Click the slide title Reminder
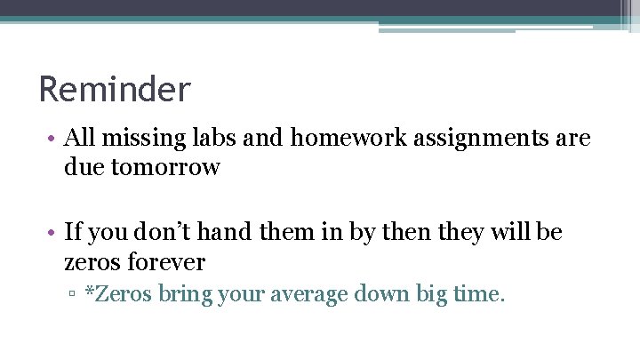[x=115, y=89]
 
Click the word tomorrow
[x=166, y=166]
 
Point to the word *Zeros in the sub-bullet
[x=118, y=294]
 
